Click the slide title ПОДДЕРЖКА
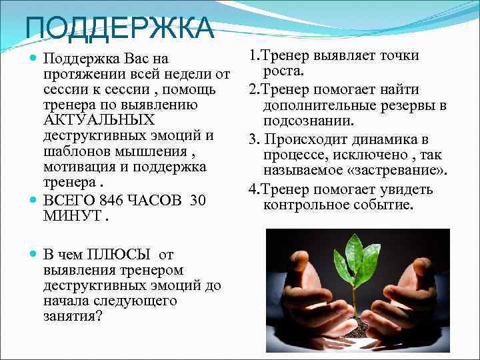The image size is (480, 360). pos(120,28)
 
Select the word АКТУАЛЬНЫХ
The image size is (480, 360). pos(99,121)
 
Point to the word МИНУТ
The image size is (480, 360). pos(72,216)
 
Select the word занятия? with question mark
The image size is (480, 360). pos(73,316)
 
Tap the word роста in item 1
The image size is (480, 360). pos(283,71)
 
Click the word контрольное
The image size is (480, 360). pos(305,205)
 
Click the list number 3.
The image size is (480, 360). pos(253,140)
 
